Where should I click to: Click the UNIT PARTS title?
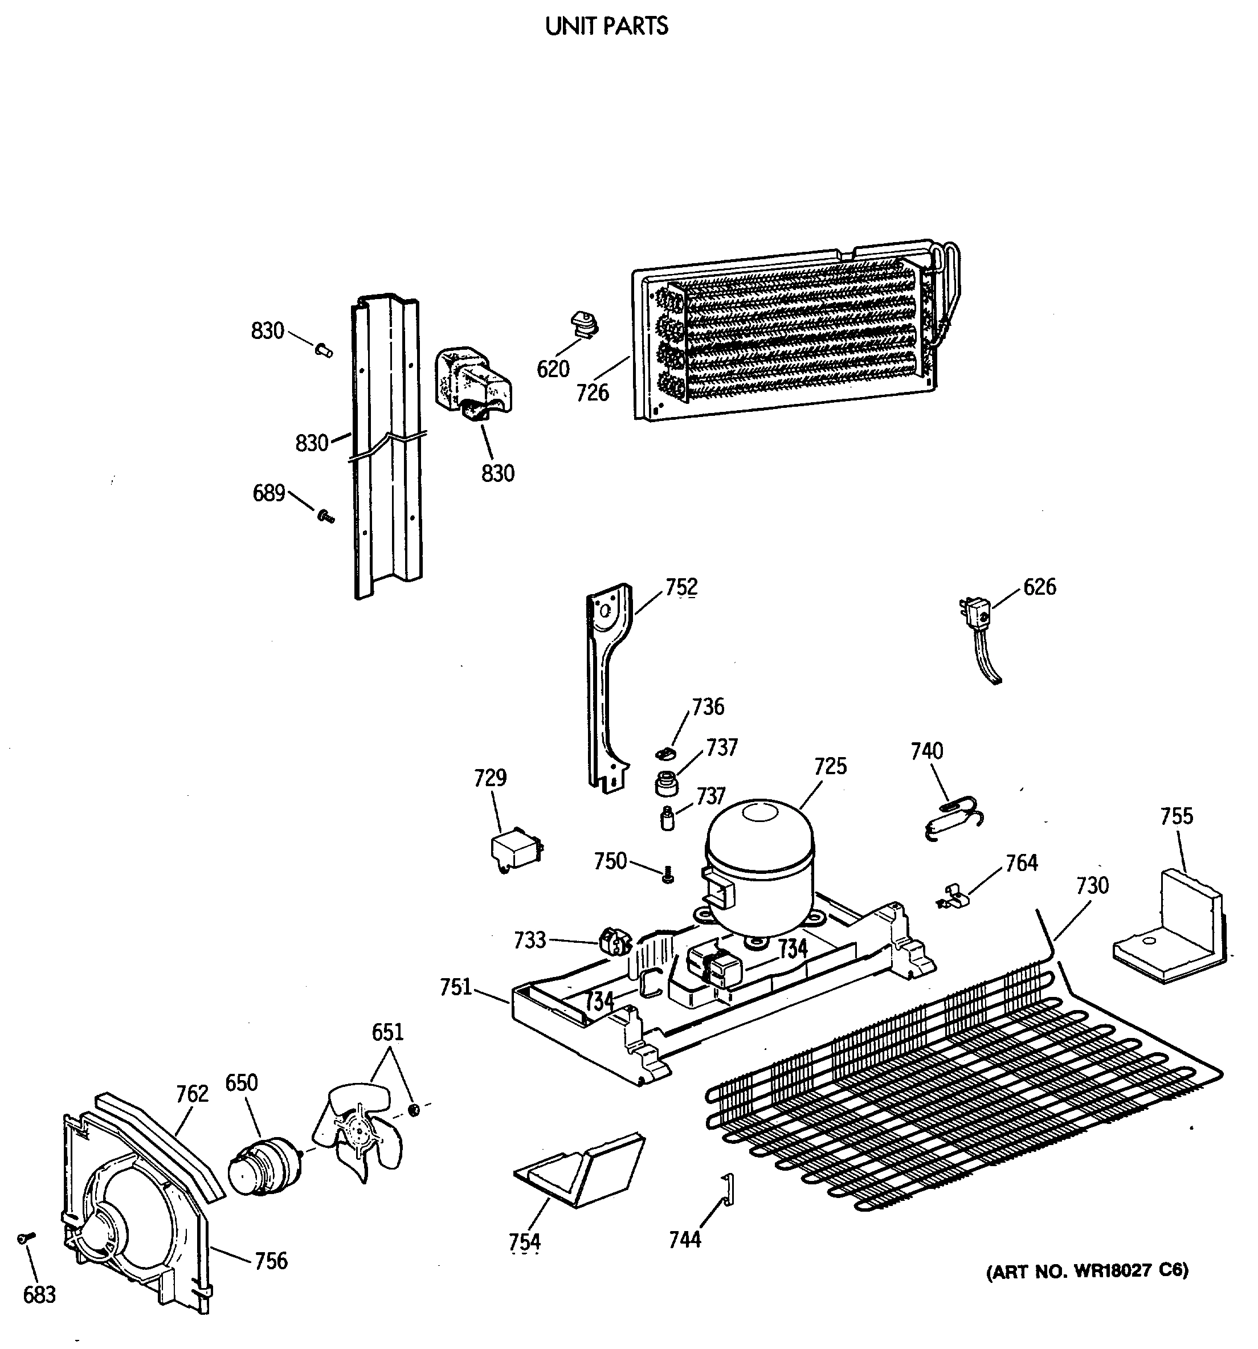607,26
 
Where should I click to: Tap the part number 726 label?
593,392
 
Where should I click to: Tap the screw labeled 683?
24,1238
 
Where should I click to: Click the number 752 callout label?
681,587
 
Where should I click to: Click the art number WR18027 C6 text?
1087,1270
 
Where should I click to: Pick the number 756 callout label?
271,1261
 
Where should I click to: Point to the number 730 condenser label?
1092,885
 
